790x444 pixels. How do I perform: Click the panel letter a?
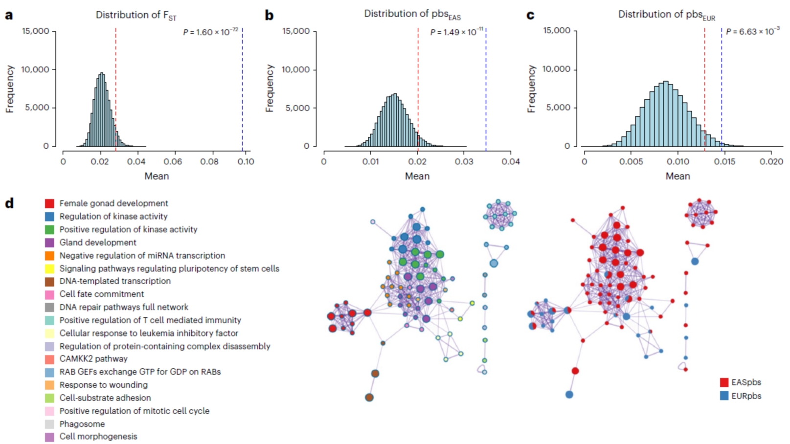[x=9, y=15]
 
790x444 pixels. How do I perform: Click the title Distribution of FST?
[x=136, y=15]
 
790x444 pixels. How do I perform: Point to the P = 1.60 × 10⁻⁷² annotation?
[x=210, y=32]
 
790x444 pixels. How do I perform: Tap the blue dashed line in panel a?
[x=242, y=88]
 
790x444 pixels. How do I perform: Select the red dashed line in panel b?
[x=418, y=88]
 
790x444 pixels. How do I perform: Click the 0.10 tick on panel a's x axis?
[x=246, y=161]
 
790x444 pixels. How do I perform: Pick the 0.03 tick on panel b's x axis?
[x=464, y=161]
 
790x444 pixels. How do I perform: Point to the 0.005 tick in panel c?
[x=631, y=161]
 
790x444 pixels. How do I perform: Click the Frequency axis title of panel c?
[x=531, y=89]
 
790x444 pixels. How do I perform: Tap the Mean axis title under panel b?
[x=417, y=176]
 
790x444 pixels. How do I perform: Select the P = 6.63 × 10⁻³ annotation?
[x=752, y=32]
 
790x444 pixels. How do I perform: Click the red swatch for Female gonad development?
[x=49, y=203]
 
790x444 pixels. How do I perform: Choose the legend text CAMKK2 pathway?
[x=93, y=359]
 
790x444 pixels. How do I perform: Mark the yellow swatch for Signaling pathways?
[x=49, y=268]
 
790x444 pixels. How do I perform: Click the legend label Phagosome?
[x=82, y=424]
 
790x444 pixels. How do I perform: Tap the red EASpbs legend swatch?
[x=724, y=382]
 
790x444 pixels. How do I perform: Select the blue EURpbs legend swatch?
[x=724, y=396]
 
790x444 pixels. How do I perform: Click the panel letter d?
[x=9, y=203]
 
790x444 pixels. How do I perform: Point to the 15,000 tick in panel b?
[x=296, y=31]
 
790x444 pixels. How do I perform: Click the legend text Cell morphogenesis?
[x=98, y=437]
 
